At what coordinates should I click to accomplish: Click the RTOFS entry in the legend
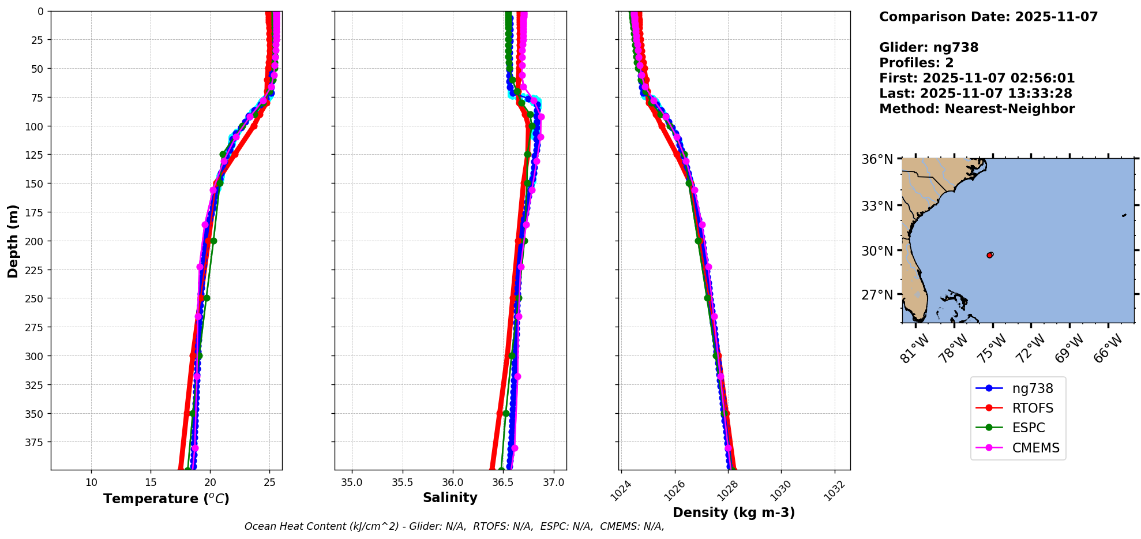(x=1032, y=408)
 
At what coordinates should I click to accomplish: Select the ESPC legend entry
(x=1028, y=428)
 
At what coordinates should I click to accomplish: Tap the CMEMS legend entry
(x=1035, y=448)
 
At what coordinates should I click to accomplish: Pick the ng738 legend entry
(x=1032, y=388)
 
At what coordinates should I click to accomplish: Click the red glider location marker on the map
(x=990, y=254)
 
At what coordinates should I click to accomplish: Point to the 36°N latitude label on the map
(x=877, y=159)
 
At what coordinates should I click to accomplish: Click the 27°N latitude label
(x=877, y=295)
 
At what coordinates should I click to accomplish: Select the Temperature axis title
(x=166, y=499)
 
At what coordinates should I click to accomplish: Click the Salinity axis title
(x=450, y=497)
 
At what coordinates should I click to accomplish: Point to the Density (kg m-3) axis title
(x=734, y=512)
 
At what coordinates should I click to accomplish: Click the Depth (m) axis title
(x=13, y=241)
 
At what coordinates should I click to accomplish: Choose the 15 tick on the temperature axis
(x=151, y=482)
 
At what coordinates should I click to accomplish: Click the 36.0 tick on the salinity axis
(x=453, y=482)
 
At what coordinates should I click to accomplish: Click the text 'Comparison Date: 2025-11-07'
(x=988, y=17)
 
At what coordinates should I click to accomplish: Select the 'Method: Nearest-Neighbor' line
(x=977, y=109)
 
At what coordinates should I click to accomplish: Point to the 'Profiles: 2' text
(x=916, y=63)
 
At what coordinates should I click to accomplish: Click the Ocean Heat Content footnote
(x=454, y=526)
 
